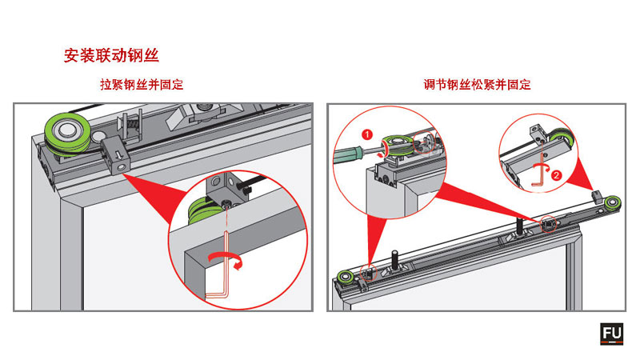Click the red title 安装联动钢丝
(110, 56)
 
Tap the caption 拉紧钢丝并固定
(135, 85)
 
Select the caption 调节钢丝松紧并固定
(478, 85)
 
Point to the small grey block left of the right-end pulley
(595, 194)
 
